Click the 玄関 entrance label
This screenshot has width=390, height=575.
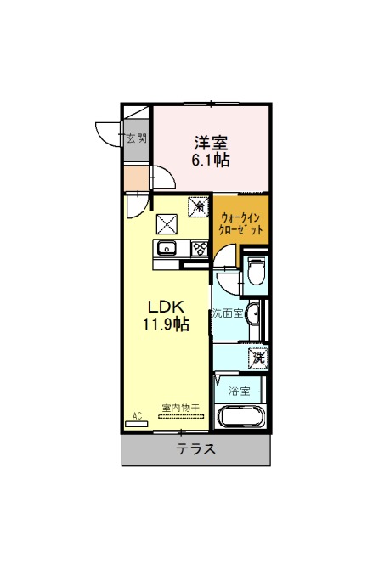pyautogui.click(x=137, y=138)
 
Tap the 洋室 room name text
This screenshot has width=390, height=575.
pyautogui.click(x=212, y=143)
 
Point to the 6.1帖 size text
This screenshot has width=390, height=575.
pyautogui.click(x=211, y=161)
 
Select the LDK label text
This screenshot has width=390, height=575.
pyautogui.click(x=166, y=307)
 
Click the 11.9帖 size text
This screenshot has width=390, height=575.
pyautogui.click(x=166, y=324)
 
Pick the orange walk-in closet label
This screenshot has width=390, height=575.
pyautogui.click(x=240, y=224)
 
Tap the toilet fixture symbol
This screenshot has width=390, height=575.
pyautogui.click(x=256, y=271)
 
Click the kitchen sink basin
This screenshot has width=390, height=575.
pyautogui.click(x=167, y=249)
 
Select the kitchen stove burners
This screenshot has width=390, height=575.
pyautogui.click(x=200, y=249)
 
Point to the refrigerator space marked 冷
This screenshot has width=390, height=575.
pyautogui.click(x=199, y=207)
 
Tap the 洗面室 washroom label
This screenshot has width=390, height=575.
pyautogui.click(x=228, y=314)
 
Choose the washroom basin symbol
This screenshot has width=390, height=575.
pyautogui.click(x=253, y=314)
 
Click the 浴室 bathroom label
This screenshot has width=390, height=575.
pyautogui.click(x=239, y=392)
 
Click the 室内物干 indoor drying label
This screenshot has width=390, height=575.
pyautogui.click(x=180, y=408)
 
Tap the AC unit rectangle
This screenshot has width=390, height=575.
pyautogui.click(x=136, y=424)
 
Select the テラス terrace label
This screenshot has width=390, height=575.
pyautogui.click(x=196, y=448)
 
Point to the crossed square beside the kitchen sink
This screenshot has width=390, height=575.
pyautogui.click(x=167, y=224)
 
